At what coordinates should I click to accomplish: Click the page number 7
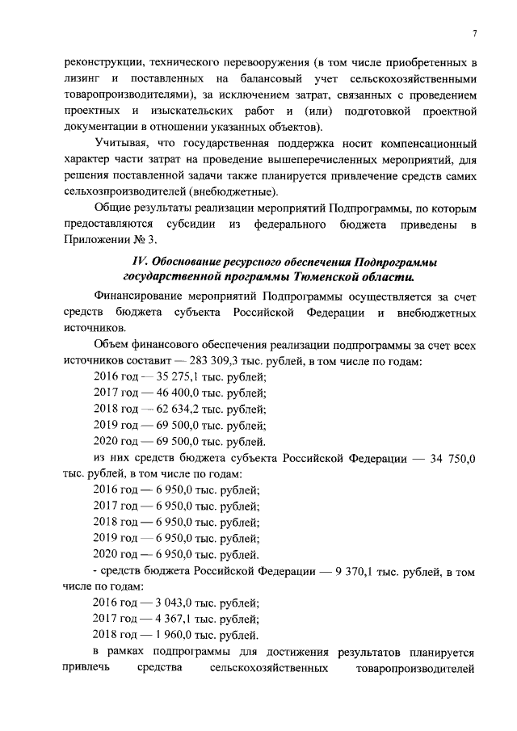(x=475, y=32)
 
